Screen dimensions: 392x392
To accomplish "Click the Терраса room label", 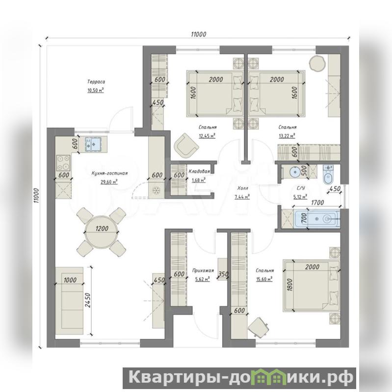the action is point(96,82).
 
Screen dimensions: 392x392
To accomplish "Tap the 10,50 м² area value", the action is point(96,90).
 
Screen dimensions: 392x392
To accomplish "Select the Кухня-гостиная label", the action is point(109,173).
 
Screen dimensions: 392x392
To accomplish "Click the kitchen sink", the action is point(93,144).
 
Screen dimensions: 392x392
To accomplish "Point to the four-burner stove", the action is point(63,163).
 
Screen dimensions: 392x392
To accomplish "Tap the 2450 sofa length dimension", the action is point(88,303).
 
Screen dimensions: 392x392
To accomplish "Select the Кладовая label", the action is point(199,172).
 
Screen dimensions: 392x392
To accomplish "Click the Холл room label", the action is point(242,188).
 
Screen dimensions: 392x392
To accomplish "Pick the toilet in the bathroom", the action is point(327,175).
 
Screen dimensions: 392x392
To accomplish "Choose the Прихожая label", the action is point(203,270).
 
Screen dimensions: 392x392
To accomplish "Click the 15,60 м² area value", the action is point(264,279).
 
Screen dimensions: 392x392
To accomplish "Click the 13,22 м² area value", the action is point(287,136).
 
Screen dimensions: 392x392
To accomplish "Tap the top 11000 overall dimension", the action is point(199,34).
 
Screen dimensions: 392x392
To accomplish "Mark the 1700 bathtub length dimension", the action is point(317,202).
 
